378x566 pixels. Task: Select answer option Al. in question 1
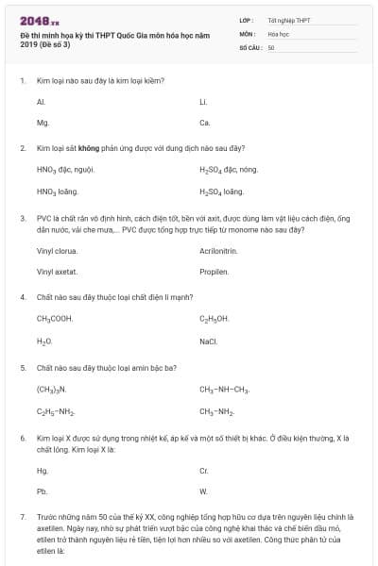tap(41, 101)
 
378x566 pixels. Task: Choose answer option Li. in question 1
tap(203, 101)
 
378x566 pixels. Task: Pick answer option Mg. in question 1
tap(42, 123)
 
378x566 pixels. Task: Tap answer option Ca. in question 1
tap(204, 123)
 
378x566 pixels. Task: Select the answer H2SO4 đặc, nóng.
tap(229, 170)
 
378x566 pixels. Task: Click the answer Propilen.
tap(214, 273)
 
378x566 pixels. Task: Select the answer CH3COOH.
tap(55, 319)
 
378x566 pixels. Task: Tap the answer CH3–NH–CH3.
tap(224, 389)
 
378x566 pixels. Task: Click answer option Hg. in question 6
tap(42, 470)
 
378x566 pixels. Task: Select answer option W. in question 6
tap(203, 491)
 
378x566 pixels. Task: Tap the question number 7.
tap(22, 518)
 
